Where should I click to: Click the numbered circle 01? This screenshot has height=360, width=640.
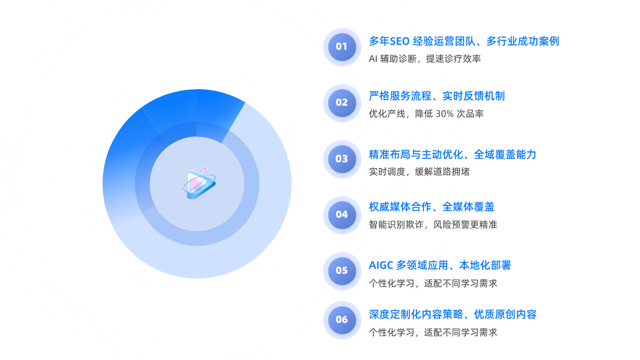click(x=342, y=47)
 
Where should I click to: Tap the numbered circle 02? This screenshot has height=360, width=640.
click(x=342, y=103)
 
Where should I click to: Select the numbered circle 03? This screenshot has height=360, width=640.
click(x=342, y=159)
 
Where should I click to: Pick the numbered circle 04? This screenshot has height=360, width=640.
click(x=342, y=215)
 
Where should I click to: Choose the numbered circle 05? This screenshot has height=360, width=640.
click(x=342, y=271)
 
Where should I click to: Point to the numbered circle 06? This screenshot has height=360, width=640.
click(x=342, y=320)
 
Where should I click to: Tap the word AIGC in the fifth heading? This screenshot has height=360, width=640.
click(x=381, y=265)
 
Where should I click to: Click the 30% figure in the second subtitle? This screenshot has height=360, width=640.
click(x=444, y=114)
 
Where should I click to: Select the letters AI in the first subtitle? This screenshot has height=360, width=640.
click(x=373, y=59)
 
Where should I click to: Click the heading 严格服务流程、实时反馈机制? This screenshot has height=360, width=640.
click(x=436, y=96)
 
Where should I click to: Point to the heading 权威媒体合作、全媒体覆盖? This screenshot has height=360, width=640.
click(x=431, y=207)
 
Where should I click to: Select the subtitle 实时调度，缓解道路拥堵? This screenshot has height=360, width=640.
click(x=419, y=172)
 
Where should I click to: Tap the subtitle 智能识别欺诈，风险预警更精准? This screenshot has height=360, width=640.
click(x=433, y=225)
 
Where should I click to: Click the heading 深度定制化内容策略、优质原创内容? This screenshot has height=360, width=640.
click(x=452, y=314)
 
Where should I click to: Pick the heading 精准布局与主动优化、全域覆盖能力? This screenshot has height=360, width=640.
click(x=452, y=155)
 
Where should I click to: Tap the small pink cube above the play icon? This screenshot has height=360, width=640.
click(x=205, y=170)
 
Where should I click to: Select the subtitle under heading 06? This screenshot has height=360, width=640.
click(x=433, y=332)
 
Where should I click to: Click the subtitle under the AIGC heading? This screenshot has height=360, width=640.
click(x=433, y=283)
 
